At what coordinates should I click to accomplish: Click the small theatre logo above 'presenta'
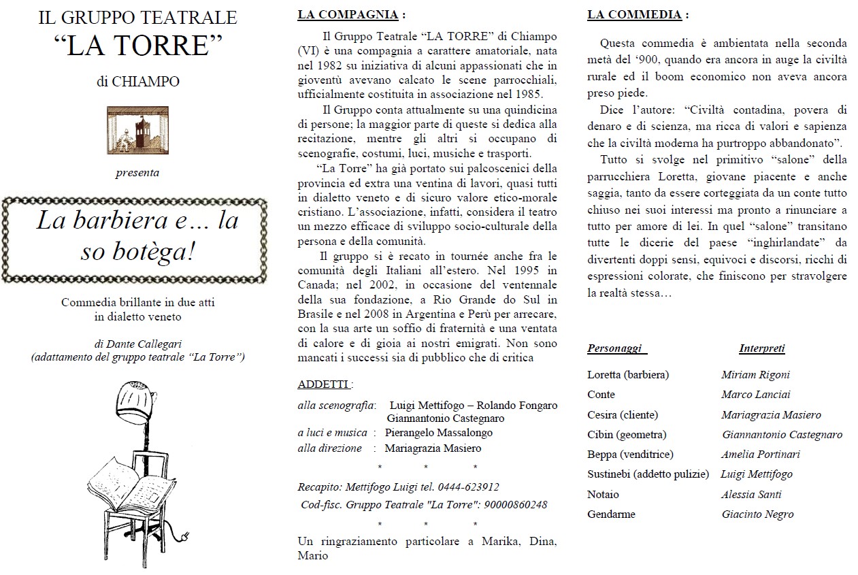tap(137, 130)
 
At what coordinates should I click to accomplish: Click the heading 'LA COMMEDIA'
tap(634, 14)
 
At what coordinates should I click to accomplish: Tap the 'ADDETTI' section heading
tap(324, 384)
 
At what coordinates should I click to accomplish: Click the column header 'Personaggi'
tap(614, 348)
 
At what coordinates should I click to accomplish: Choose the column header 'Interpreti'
tap(761, 348)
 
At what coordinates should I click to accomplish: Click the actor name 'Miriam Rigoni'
tap(755, 374)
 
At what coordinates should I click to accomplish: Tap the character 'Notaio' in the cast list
tap(603, 494)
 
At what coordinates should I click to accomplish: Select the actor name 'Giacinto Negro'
tap(757, 514)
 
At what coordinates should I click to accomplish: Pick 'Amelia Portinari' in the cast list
tap(760, 455)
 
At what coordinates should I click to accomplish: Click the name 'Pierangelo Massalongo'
tap(438, 433)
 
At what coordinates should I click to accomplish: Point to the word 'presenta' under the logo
tap(137, 173)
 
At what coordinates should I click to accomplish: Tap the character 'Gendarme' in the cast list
tap(611, 514)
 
